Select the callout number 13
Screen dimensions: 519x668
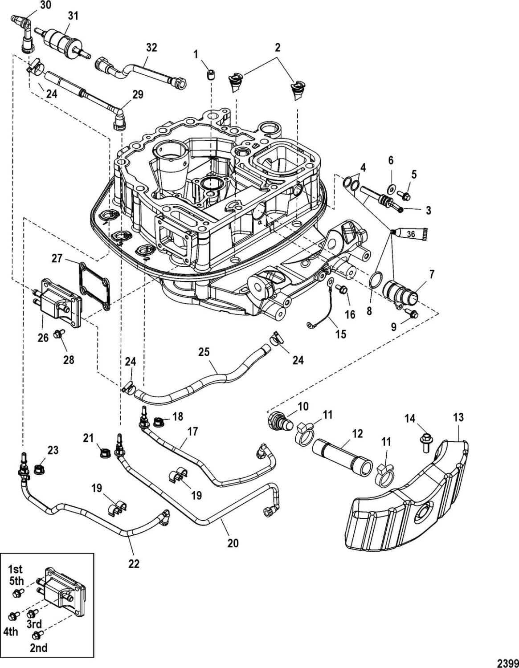458,418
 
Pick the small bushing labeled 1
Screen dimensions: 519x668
210,75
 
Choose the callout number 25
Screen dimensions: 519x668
204,353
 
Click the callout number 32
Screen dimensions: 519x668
151,47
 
